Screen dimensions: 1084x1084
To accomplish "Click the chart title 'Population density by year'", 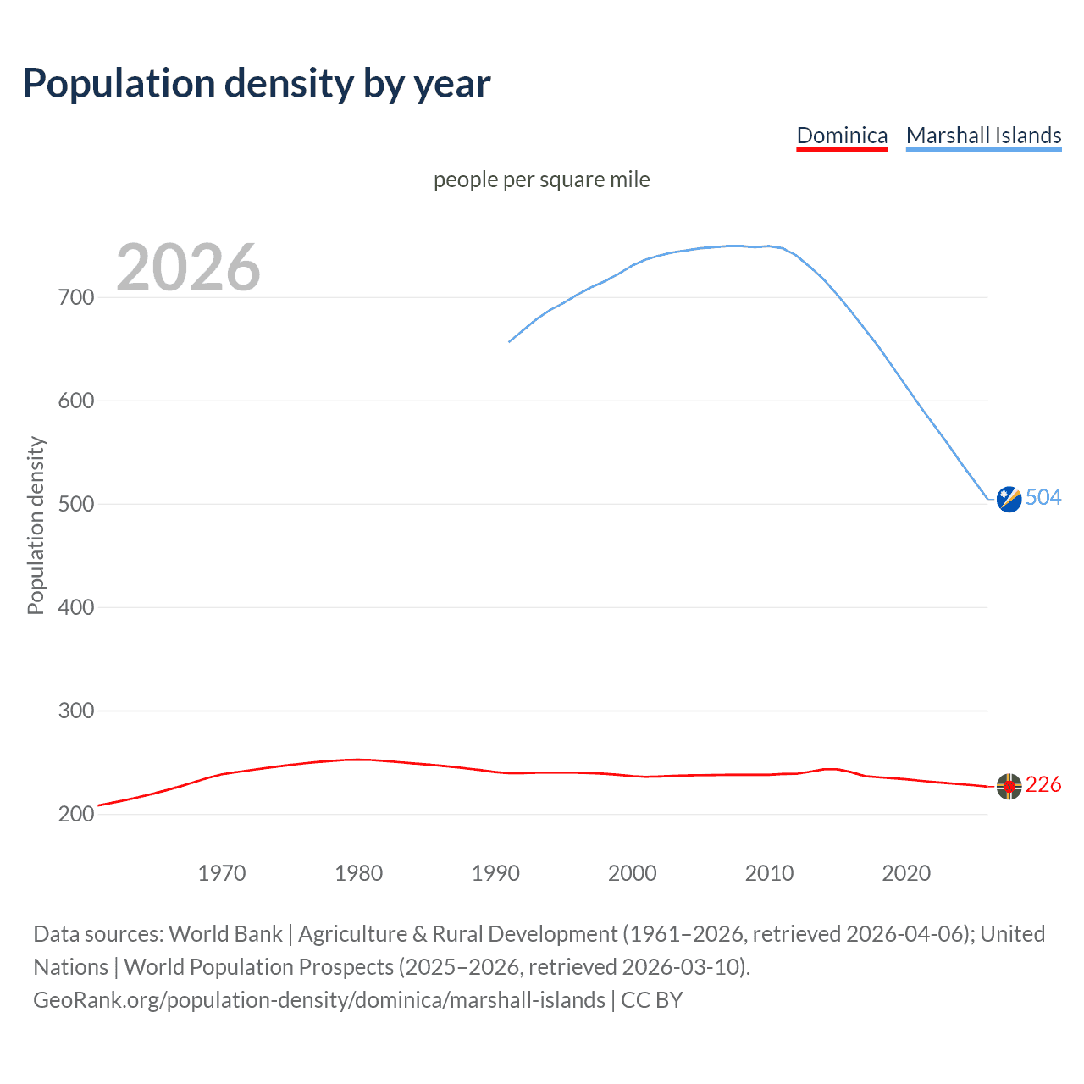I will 257,84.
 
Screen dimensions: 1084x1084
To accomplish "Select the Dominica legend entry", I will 842,135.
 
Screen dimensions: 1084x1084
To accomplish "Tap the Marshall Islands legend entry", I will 983,135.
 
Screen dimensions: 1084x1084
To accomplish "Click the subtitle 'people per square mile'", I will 541,180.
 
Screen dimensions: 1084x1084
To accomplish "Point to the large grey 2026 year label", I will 188,268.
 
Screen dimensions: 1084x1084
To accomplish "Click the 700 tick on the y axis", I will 76,297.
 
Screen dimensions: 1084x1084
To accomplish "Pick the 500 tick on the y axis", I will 76,504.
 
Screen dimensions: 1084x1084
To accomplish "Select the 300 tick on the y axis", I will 76,711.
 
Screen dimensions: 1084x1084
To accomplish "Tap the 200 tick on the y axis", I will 76,814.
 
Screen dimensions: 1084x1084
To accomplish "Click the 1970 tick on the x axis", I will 222,873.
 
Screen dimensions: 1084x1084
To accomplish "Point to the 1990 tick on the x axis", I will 495,873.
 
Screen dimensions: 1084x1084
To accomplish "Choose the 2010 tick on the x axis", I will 769,873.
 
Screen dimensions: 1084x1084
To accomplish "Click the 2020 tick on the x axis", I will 906,873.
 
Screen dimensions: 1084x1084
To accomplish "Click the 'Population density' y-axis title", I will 36,525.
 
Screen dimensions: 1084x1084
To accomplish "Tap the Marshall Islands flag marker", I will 1009,500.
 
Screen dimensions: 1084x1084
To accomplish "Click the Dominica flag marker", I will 1009,787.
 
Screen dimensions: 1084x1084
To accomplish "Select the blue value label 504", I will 1043,497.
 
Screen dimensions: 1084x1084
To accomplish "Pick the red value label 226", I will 1043,785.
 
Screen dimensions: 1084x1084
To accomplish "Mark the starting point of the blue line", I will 509,341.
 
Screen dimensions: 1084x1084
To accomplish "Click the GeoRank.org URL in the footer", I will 319,1000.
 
